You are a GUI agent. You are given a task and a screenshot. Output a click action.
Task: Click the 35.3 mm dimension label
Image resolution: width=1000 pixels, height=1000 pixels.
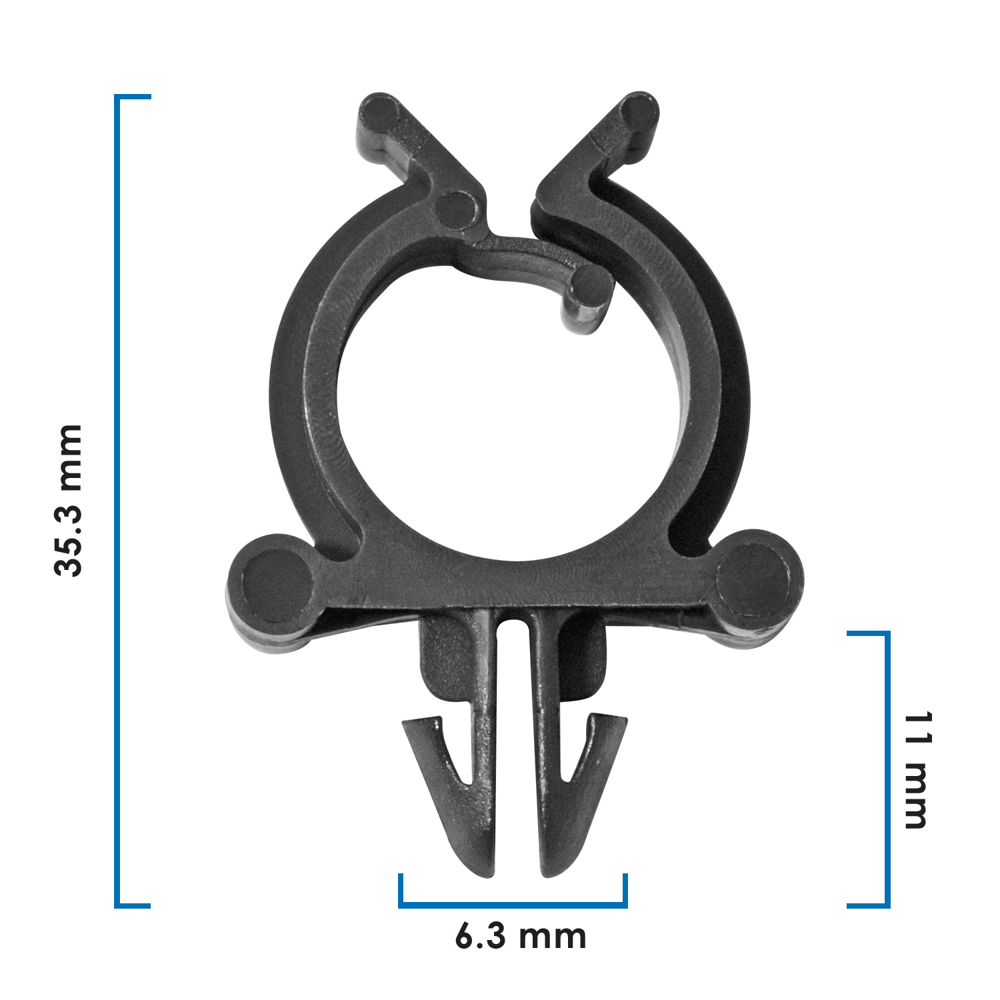coord(69,500)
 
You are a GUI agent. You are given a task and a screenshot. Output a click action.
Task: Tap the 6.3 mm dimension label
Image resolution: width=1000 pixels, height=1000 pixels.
coord(521,937)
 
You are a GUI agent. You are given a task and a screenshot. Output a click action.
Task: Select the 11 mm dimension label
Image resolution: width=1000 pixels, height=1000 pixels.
coord(917,769)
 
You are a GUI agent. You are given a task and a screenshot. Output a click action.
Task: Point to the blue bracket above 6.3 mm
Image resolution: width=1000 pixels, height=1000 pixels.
coord(513,905)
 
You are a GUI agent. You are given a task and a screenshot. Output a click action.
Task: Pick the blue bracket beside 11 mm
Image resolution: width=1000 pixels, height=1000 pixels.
coord(887,769)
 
